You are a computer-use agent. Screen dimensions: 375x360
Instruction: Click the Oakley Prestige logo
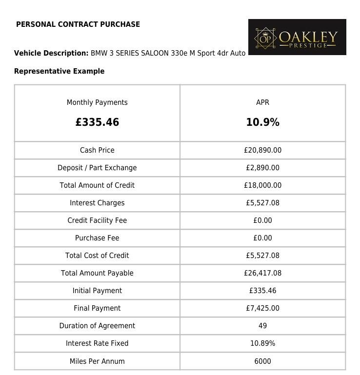(297, 38)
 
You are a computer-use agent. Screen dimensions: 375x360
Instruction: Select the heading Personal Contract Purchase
(78, 24)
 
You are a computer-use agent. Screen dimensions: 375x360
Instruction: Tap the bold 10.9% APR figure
(262, 122)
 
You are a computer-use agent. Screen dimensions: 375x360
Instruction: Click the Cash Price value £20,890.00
(262, 150)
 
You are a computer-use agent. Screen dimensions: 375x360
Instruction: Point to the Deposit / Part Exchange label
(97, 168)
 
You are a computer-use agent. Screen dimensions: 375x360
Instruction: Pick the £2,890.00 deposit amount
(262, 168)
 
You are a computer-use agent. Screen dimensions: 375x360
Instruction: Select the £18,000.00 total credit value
(262, 185)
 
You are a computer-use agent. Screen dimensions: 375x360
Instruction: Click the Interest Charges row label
(97, 203)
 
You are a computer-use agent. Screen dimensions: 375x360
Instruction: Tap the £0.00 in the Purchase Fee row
(262, 238)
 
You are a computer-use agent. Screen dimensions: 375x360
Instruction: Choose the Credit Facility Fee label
(97, 220)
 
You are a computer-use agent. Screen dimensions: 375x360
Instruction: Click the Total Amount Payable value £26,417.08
(262, 273)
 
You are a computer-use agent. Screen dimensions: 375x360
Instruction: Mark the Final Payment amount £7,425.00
(262, 308)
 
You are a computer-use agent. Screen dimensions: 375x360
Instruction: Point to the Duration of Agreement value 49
(262, 326)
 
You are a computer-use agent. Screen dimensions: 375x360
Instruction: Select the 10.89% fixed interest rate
(262, 343)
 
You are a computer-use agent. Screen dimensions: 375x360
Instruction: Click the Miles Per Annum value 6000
(262, 361)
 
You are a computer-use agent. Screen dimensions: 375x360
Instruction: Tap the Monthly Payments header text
(97, 102)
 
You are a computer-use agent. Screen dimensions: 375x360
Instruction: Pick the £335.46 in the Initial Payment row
(262, 291)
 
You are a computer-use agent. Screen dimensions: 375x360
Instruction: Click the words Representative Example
(59, 71)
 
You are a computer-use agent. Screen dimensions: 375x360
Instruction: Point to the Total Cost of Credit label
(97, 256)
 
